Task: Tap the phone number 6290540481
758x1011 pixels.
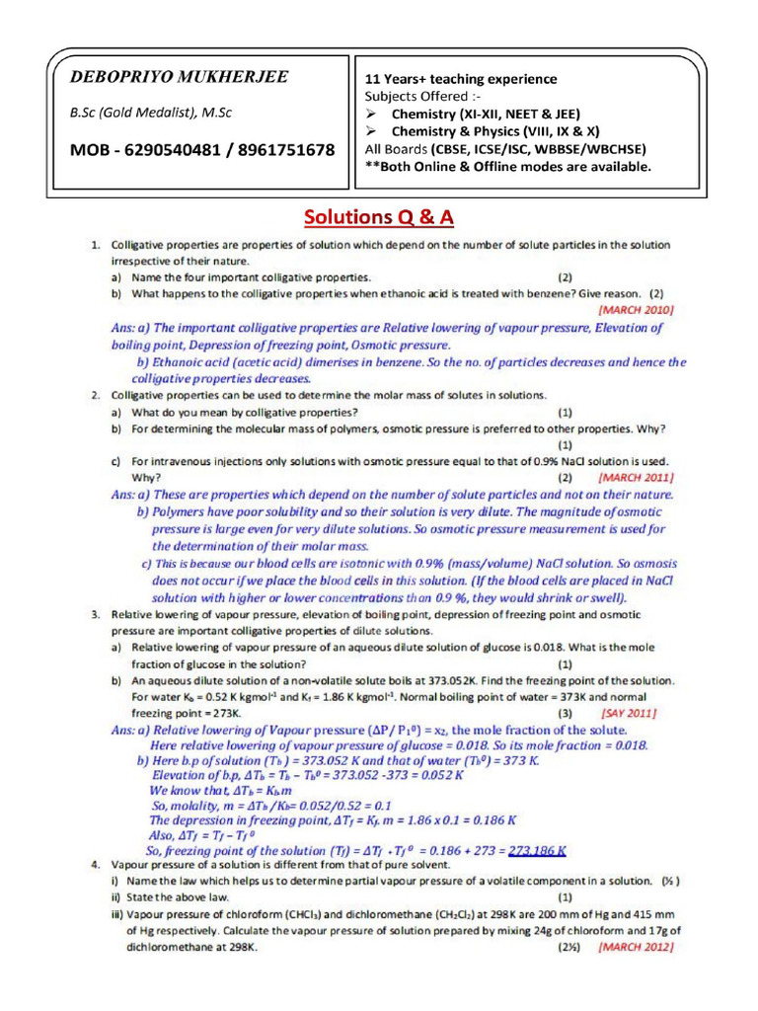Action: pyautogui.click(x=172, y=150)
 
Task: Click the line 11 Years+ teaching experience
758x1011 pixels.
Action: pyautogui.click(x=461, y=79)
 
